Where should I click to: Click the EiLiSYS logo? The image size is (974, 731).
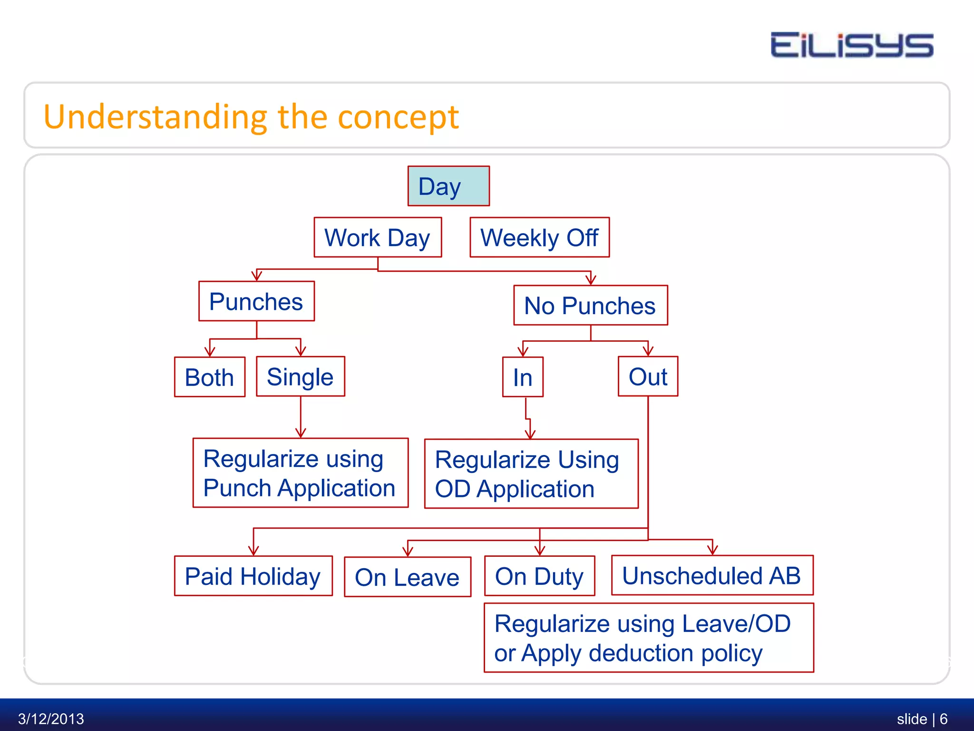(851, 45)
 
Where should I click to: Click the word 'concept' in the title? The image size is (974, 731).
(398, 117)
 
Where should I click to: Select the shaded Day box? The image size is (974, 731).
(448, 186)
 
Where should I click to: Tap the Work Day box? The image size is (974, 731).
(378, 237)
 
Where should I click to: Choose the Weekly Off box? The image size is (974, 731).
(539, 237)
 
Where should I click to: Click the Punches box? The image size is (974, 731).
(256, 301)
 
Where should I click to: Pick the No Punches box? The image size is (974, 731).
(590, 306)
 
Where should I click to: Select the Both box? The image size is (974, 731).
(209, 377)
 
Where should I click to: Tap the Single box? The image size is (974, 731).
(300, 376)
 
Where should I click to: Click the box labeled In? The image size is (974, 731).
(523, 377)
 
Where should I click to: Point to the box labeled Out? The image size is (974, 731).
(648, 376)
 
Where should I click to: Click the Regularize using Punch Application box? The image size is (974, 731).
(300, 473)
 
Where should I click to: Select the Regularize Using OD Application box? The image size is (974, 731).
(531, 474)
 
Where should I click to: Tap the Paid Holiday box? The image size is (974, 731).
(253, 576)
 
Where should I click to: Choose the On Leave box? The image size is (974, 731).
(407, 577)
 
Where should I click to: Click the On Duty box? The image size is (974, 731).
(539, 576)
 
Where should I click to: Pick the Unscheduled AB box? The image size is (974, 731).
(712, 575)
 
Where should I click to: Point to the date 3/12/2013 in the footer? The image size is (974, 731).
(51, 718)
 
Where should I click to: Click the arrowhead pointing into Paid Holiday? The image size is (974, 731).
(253, 551)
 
